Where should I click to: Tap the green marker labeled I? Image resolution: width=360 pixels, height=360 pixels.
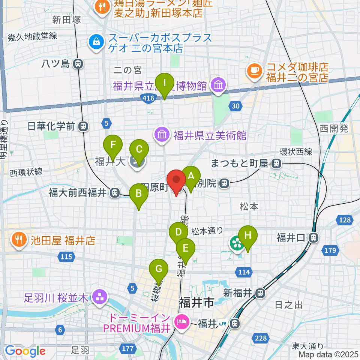165,82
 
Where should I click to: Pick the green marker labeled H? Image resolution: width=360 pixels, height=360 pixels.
248,235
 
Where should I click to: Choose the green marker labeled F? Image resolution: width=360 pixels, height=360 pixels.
113,144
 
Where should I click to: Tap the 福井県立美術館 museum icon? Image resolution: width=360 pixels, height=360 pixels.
162,135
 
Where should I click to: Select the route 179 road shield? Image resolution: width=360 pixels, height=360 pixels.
330,250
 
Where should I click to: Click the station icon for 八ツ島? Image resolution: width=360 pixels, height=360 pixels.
78,64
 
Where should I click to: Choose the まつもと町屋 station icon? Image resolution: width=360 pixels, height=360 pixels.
276,163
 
